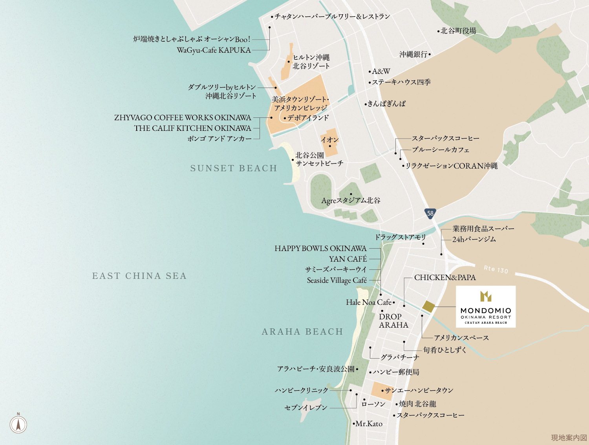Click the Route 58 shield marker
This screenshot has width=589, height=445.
point(430,213)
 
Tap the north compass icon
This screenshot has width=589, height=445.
point(18,424)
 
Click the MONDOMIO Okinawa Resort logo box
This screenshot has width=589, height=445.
point(486,307)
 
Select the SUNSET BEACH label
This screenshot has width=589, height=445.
point(234,168)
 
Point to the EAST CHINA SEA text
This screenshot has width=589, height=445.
point(139,276)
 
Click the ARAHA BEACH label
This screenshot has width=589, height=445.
point(302,332)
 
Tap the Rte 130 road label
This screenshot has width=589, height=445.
point(496,269)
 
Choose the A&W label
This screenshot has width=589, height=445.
point(381,71)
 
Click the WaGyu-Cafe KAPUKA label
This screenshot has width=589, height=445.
point(214,50)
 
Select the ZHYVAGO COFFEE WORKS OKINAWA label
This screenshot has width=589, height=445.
point(183,118)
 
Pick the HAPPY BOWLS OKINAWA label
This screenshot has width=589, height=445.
point(320,249)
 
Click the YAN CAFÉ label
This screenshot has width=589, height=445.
point(348,259)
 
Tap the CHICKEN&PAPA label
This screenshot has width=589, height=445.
point(445,278)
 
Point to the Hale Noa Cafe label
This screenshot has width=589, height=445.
point(369,302)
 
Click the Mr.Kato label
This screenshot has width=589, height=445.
point(369,424)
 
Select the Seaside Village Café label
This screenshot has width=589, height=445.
point(337,280)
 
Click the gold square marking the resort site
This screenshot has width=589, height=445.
point(428,307)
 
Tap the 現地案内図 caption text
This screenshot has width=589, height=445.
point(569,438)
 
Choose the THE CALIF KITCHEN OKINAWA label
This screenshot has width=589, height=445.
point(192,128)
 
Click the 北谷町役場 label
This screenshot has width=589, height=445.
point(458,31)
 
